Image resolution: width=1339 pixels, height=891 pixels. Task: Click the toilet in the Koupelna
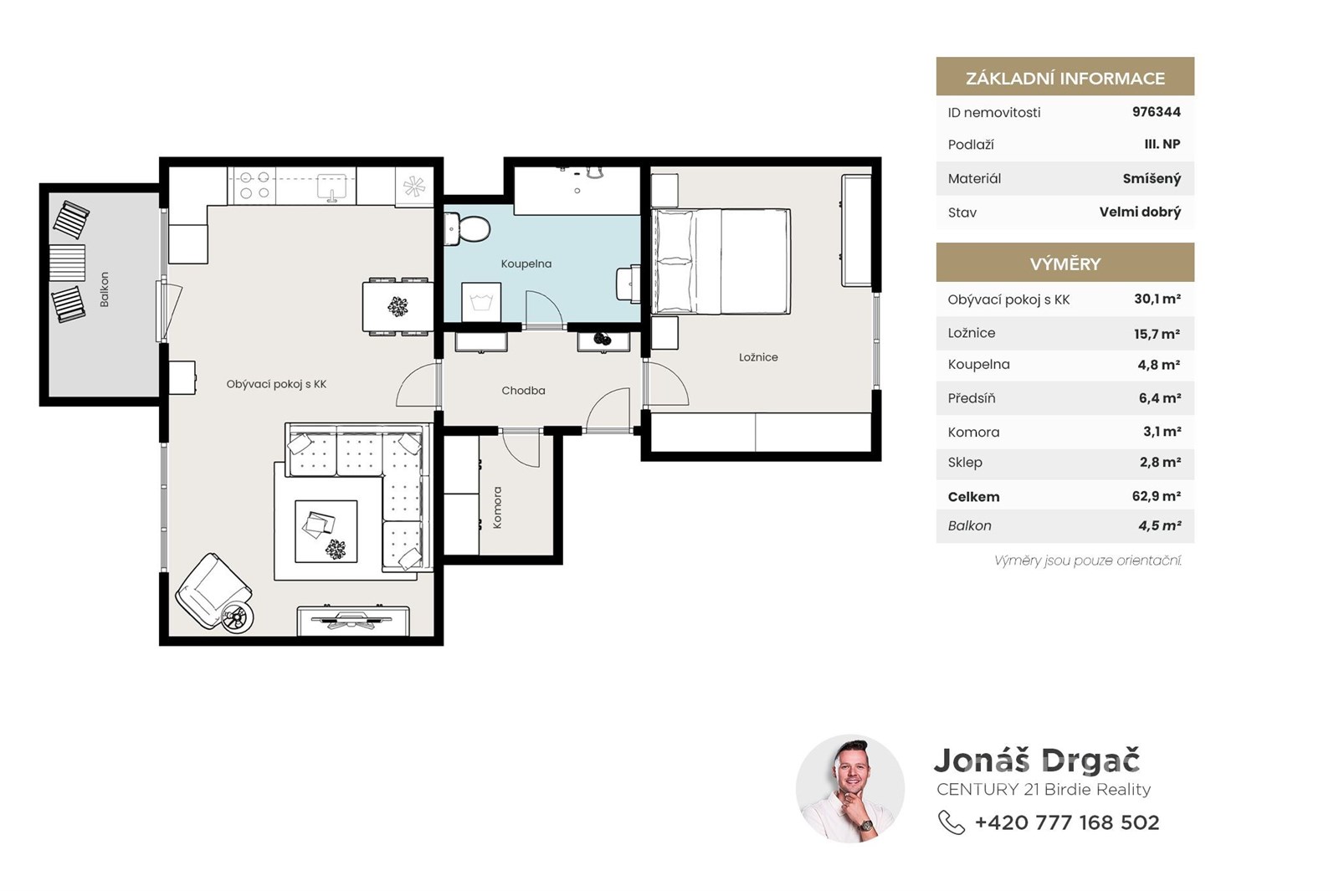tap(467, 229)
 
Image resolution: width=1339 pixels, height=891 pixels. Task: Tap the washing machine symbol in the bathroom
tap(481, 302)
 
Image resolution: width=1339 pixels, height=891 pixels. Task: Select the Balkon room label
tap(105, 289)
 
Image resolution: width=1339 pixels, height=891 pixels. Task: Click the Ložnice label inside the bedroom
tap(758, 357)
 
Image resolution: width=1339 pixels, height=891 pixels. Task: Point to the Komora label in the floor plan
tap(497, 507)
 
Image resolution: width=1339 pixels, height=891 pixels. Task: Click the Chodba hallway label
tap(523, 391)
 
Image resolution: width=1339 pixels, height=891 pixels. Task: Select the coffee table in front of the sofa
tap(326, 531)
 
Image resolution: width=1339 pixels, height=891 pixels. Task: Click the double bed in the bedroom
tap(721, 261)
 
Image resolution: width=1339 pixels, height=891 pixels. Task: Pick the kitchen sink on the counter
tap(331, 187)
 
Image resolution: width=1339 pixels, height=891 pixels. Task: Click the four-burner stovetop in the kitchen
tap(254, 185)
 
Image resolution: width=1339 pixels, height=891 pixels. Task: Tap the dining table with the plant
tap(398, 306)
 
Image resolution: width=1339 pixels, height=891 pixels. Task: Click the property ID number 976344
tap(1156, 112)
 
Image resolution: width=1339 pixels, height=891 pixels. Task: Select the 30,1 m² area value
tap(1157, 299)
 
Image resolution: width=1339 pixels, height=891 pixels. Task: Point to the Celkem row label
tap(973, 497)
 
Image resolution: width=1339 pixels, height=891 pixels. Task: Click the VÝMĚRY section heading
tap(1065, 264)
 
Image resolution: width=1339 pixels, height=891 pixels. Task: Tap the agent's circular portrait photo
tap(850, 789)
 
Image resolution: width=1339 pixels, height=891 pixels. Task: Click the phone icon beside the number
tap(951, 822)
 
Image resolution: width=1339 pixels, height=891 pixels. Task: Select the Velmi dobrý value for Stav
tap(1140, 213)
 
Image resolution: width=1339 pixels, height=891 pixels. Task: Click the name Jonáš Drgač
tap(1037, 760)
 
